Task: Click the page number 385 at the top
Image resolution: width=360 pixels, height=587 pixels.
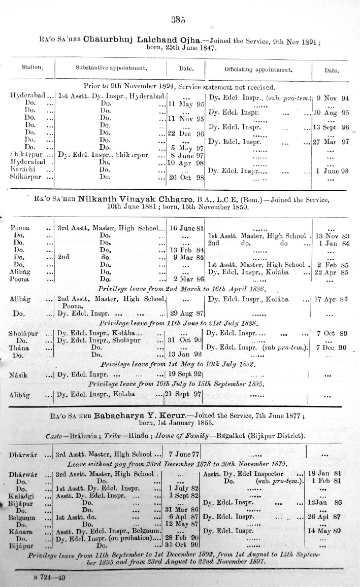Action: pos(179,20)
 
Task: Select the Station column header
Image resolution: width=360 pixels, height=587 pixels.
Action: pos(32,67)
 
